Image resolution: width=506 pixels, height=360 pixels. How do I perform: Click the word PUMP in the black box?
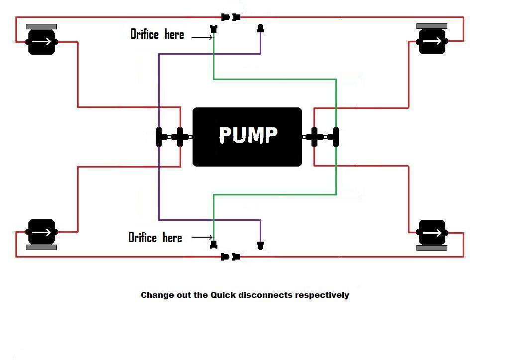[x=247, y=135]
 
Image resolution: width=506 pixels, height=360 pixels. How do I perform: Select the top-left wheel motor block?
[x=41, y=42]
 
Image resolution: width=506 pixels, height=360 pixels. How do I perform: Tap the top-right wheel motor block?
[x=432, y=41]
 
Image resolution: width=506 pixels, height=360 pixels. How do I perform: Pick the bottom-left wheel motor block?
[x=41, y=232]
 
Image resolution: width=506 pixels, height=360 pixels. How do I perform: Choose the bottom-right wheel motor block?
[x=432, y=232]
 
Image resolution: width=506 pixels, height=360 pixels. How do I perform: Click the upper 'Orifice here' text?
[x=157, y=34]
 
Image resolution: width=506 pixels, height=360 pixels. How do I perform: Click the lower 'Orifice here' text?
[x=155, y=238]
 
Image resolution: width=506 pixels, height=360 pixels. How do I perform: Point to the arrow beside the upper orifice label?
[x=202, y=37]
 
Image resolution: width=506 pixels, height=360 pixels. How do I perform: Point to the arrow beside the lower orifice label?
[x=202, y=237]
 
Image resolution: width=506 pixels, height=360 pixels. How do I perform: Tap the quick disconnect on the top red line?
[x=230, y=17]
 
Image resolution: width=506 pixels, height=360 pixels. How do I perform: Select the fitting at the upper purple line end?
[x=260, y=29]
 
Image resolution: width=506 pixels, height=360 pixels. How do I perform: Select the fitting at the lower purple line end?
[x=260, y=245]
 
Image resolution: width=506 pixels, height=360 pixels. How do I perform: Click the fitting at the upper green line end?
[x=214, y=29]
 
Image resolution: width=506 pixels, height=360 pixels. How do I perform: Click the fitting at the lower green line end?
[x=214, y=245]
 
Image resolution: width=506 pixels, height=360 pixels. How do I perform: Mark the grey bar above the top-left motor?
[x=41, y=26]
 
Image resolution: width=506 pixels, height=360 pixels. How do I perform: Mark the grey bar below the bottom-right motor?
[x=432, y=247]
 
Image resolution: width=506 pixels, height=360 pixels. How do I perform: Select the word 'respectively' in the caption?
[x=322, y=295]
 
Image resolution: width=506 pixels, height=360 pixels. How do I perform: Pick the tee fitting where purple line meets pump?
[x=159, y=137]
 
